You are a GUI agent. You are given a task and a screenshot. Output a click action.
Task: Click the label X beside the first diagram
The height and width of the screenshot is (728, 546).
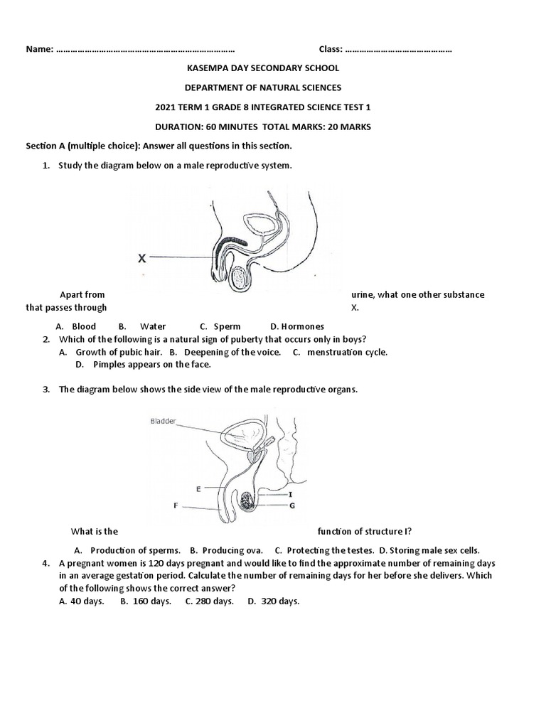tap(142, 259)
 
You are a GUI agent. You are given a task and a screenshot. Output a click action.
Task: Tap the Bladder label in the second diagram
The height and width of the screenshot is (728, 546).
tap(164, 421)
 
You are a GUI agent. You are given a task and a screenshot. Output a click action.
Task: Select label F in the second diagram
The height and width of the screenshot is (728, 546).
tap(176, 507)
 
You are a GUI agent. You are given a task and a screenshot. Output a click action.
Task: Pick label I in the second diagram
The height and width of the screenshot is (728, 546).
tap(290, 493)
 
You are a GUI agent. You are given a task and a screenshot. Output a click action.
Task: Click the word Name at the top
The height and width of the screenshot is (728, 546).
tap(39, 49)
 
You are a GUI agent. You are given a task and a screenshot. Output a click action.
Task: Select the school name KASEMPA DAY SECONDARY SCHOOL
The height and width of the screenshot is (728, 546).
tap(262, 68)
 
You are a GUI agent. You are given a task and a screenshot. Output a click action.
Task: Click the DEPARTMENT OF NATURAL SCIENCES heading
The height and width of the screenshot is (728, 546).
tap(262, 87)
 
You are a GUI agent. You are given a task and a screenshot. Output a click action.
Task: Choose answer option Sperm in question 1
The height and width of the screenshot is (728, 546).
tap(227, 326)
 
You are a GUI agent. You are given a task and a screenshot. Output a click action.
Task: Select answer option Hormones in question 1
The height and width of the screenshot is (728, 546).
tap(302, 326)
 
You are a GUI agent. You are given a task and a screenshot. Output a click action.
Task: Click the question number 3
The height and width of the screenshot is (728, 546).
tap(45, 389)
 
